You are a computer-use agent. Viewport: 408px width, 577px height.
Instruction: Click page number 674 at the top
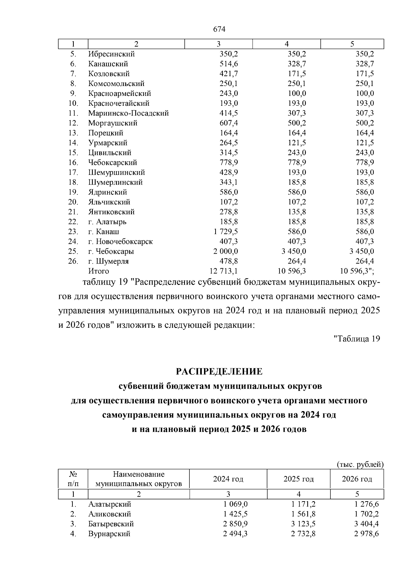pos(219,29)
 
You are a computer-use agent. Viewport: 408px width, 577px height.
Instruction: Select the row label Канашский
pos(108,64)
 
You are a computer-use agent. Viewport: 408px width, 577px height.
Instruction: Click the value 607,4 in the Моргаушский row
pos(228,123)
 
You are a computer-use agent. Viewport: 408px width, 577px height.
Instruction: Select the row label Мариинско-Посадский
pos(129,113)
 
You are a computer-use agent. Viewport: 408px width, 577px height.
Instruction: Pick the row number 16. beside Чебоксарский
pos(73,163)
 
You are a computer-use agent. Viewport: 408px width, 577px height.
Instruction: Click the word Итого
pos(99,271)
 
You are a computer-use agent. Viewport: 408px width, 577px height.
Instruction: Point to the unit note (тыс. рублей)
pos(360,464)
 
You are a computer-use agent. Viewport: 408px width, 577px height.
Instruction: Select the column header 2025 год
pos(299,479)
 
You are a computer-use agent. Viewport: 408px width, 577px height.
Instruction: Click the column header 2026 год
pos(357,479)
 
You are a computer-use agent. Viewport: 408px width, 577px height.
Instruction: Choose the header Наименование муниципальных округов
pos(139,479)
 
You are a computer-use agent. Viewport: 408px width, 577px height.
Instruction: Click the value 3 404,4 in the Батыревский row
pos(366,524)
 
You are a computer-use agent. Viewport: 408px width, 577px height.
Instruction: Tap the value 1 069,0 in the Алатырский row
pos(235,504)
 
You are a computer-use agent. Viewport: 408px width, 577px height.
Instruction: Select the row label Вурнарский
pos(109,533)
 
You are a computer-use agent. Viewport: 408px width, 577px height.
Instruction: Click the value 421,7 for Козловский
pos(228,74)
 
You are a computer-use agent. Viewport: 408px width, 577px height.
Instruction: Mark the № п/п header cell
pos(73,479)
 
